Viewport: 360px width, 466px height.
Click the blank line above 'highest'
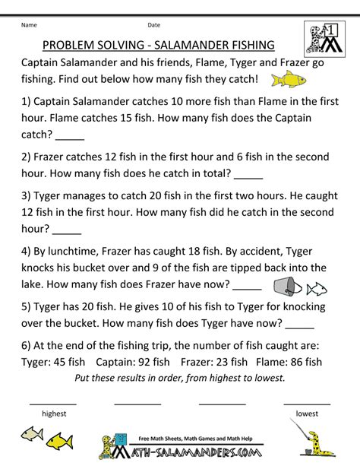click(x=53, y=402)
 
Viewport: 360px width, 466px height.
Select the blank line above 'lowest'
click(x=307, y=402)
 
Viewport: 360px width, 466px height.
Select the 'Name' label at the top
click(x=29, y=25)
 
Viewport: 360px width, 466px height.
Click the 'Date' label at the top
click(x=153, y=25)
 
